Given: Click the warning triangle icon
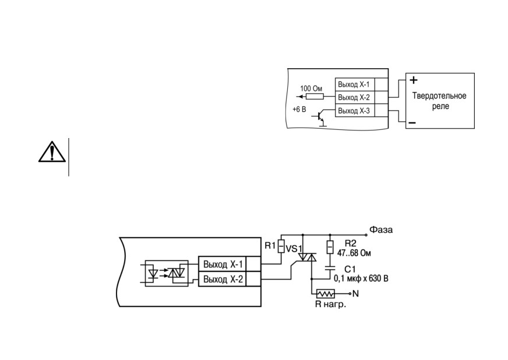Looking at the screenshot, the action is (x=52, y=151).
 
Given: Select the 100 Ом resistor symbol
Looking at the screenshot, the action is (x=315, y=96).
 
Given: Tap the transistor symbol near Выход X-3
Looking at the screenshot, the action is (x=319, y=118).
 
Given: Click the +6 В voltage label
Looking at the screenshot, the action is (x=299, y=109).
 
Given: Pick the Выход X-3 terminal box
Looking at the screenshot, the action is (x=355, y=111).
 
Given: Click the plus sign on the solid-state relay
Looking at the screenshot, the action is (x=414, y=80).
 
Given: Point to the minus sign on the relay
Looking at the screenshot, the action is (x=412, y=123).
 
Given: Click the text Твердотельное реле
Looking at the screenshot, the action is (x=439, y=101).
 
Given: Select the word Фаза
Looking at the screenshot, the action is (x=381, y=230).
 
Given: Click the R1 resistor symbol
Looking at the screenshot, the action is (x=281, y=246).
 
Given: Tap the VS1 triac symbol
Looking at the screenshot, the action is (x=307, y=257).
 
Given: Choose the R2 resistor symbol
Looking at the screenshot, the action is (x=330, y=247).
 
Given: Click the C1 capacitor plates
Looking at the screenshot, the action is (x=330, y=269).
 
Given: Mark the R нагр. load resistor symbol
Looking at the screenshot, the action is (x=326, y=294).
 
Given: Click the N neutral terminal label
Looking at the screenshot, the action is (x=355, y=294).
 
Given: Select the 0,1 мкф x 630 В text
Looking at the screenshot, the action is (x=361, y=278).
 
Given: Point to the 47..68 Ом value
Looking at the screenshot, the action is (x=354, y=253).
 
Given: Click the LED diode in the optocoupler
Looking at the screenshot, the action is (x=153, y=273).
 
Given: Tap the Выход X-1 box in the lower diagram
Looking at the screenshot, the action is (x=223, y=264).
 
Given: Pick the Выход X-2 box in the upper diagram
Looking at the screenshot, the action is (x=355, y=97).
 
